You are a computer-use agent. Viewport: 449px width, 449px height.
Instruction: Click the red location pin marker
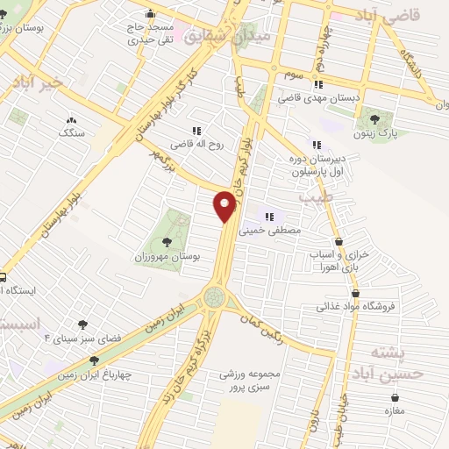point(226,207)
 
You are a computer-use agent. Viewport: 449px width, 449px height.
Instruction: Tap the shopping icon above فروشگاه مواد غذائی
point(355,294)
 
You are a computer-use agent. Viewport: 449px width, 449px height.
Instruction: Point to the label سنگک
point(70,133)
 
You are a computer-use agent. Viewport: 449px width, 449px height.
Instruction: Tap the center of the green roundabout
point(214,297)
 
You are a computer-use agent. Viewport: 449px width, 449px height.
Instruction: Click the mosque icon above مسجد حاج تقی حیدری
point(151,13)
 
